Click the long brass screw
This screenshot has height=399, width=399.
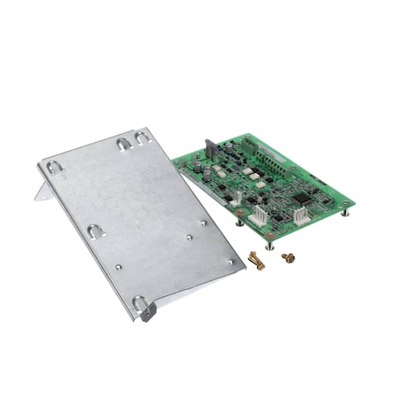[x=257, y=262]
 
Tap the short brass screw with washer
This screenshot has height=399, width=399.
[x=288, y=257]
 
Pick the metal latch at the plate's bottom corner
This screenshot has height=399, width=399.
[x=145, y=308]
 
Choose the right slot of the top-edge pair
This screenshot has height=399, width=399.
[x=143, y=137]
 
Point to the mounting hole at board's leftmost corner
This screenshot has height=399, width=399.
[x=176, y=162]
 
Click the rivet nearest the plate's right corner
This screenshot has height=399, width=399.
[x=231, y=262]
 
